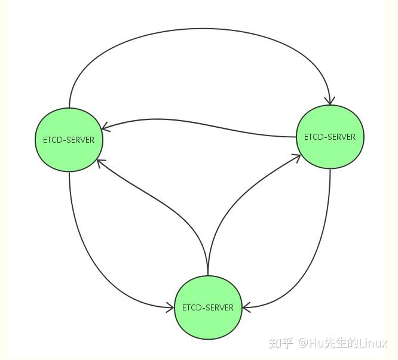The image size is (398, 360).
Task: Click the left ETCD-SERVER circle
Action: tap(69, 140)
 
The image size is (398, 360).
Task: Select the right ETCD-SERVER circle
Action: tap(330, 137)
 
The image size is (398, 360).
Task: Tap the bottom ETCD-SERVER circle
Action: tap(208, 307)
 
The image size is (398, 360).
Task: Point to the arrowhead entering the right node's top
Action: tap(330, 101)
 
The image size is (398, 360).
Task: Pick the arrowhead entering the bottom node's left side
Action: tap(170, 307)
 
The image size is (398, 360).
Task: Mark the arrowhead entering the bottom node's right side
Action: tap(246, 307)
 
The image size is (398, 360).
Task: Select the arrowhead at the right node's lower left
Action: tap(296, 158)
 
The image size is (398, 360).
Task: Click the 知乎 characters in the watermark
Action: tap(281, 343)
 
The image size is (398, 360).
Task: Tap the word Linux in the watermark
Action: tap(373, 343)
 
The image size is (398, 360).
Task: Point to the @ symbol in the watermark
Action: tap(304, 343)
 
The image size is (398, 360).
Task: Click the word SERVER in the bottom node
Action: tap(219, 307)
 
